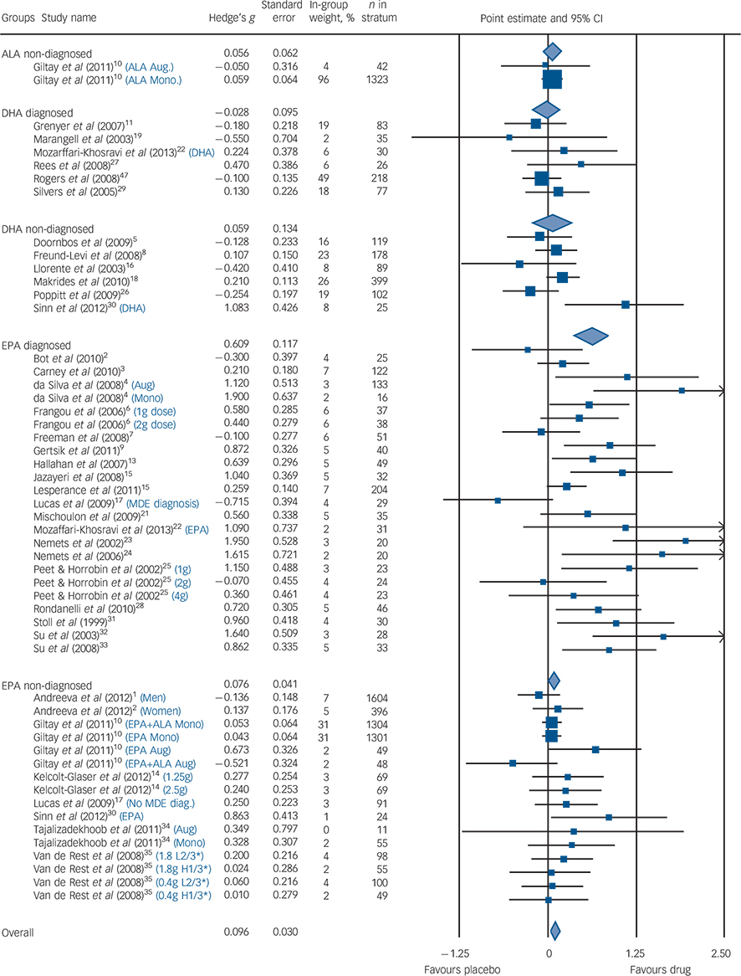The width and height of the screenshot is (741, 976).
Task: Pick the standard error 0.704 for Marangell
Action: (x=285, y=136)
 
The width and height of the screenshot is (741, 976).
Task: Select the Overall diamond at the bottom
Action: (x=554, y=931)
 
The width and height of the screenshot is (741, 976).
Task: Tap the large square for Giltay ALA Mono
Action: (x=552, y=80)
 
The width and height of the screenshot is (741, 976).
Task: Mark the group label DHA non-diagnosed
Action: (x=47, y=228)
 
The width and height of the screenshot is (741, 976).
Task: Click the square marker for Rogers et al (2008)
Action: (x=541, y=177)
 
